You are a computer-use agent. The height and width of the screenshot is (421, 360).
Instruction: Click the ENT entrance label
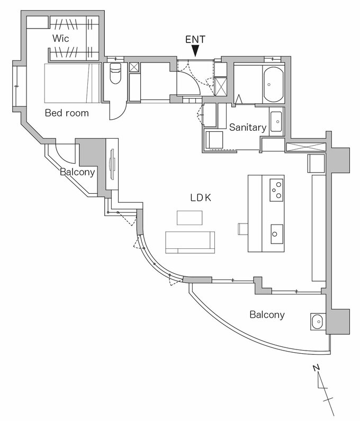pos(195,40)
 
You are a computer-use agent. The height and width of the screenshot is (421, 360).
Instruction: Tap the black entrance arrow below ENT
pos(196,50)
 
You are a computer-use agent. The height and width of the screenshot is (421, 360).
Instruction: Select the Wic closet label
pos(61,38)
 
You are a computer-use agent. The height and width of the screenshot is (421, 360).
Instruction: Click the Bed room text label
pos(67,113)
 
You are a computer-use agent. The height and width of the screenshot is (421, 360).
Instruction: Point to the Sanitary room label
pos(248,127)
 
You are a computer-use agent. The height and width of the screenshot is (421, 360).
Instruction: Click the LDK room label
pos(201,198)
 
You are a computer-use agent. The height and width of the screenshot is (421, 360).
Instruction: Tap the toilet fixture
pos(115,73)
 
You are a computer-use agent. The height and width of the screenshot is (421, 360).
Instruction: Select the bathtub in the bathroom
pos(273,84)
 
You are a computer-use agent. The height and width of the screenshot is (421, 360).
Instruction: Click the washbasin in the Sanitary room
pos(276,122)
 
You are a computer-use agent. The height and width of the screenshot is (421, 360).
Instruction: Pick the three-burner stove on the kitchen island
pos(276,190)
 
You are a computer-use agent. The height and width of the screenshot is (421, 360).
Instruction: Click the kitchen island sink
pos(276,234)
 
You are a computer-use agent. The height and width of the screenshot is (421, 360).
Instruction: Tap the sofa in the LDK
pos(190,242)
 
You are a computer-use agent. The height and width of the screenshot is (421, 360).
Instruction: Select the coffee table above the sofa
pos(190,218)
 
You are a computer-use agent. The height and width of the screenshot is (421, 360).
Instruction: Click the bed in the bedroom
pos(73,83)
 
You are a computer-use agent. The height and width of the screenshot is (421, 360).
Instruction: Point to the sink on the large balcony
pos(318,321)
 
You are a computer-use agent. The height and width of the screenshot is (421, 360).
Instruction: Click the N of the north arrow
pos(317,368)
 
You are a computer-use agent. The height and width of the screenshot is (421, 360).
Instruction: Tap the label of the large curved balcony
pos(267,315)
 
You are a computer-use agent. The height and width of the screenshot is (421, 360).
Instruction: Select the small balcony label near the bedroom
pos(77,172)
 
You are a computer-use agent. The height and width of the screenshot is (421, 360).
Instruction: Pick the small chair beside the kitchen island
pos(242,229)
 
